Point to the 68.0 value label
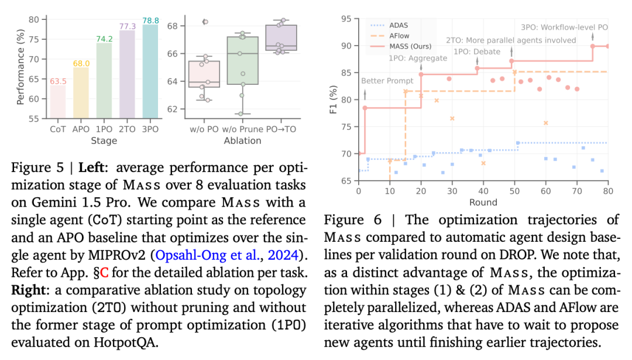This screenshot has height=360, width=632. tap(81, 63)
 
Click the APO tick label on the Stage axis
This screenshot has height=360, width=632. tap(81, 129)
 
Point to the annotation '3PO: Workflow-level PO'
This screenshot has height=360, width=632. tap(563, 28)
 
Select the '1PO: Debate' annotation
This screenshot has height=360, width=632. tap(478, 52)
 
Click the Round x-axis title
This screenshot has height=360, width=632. tap(483, 203)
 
